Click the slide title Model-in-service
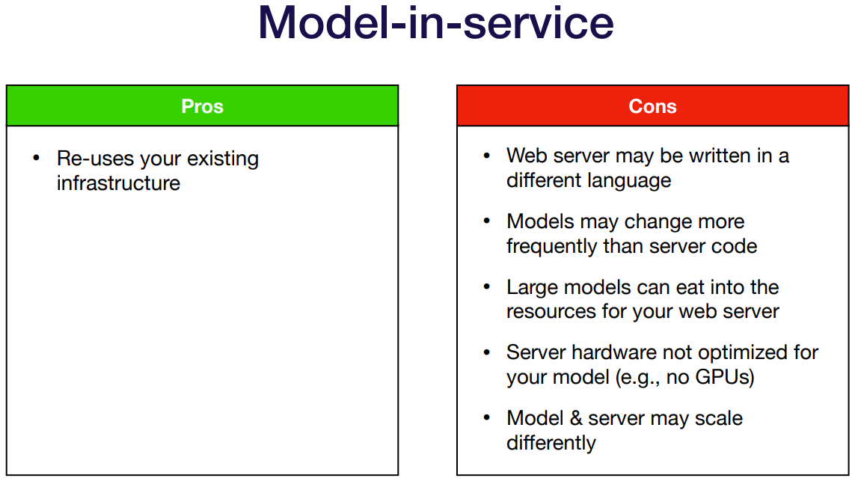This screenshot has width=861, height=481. [436, 23]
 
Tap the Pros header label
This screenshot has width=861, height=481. [202, 106]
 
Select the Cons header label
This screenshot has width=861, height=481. [652, 106]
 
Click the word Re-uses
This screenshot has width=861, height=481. [96, 159]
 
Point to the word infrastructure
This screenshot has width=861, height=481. [119, 183]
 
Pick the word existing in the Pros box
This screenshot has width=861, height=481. [223, 159]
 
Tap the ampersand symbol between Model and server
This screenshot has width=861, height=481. [576, 418]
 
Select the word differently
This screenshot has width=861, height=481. [551, 443]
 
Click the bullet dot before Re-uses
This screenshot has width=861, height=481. [36, 158]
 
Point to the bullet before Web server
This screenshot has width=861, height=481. [486, 156]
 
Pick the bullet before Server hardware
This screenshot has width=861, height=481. [486, 352]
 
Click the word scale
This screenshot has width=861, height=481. [718, 418]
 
